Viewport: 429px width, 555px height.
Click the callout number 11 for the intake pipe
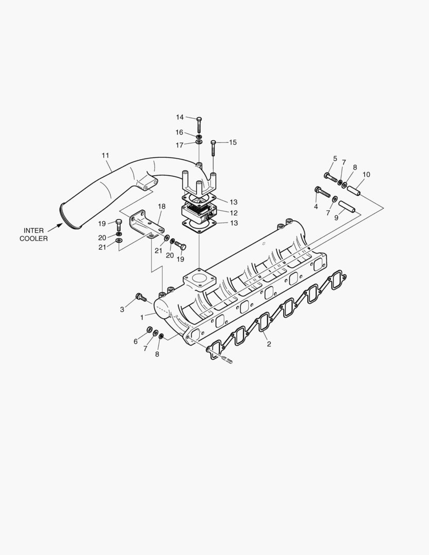105,155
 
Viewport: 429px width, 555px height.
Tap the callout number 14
180,117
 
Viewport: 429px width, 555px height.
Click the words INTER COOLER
34,234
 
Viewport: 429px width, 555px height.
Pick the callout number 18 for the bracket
161,206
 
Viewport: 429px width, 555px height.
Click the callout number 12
233,213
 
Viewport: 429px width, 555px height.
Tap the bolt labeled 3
140,297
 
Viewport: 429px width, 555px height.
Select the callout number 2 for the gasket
269,344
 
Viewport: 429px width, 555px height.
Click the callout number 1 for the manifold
142,318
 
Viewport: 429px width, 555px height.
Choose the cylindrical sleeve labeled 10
354,191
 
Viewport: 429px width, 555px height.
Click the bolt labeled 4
321,192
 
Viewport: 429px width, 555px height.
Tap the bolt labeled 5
329,177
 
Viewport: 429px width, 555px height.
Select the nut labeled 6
149,329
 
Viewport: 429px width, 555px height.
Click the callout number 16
179,133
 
